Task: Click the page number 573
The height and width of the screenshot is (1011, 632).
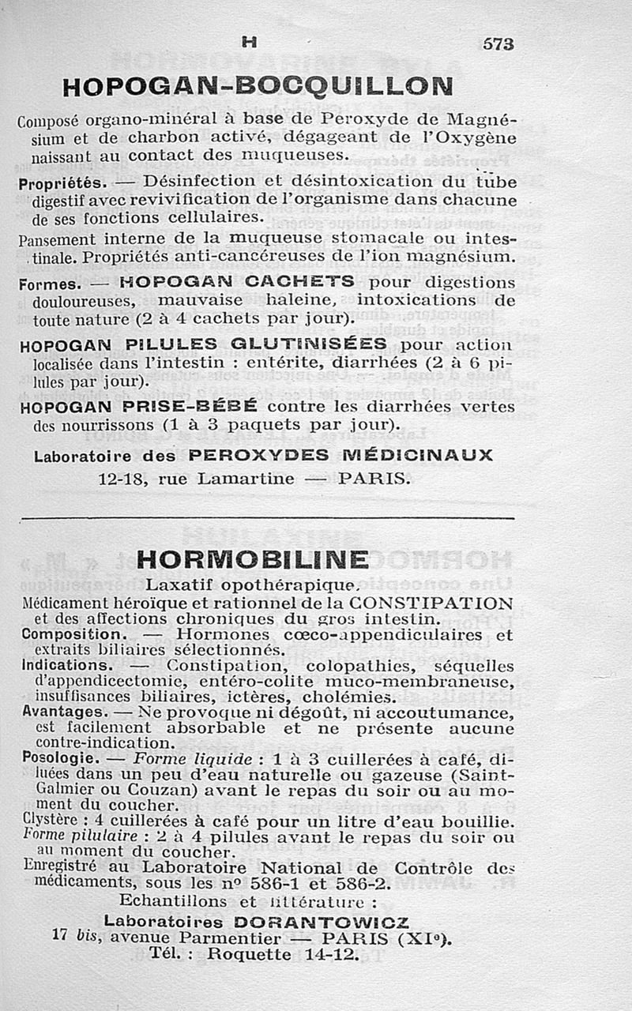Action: [x=498, y=45]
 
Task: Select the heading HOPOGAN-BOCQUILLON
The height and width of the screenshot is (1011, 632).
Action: [x=258, y=86]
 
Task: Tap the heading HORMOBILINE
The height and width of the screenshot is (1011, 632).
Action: [x=252, y=559]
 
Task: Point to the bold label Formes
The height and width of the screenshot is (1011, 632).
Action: [x=47, y=284]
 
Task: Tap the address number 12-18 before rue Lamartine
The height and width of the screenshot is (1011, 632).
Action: [x=123, y=479]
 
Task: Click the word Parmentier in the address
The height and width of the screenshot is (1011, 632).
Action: [x=234, y=938]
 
